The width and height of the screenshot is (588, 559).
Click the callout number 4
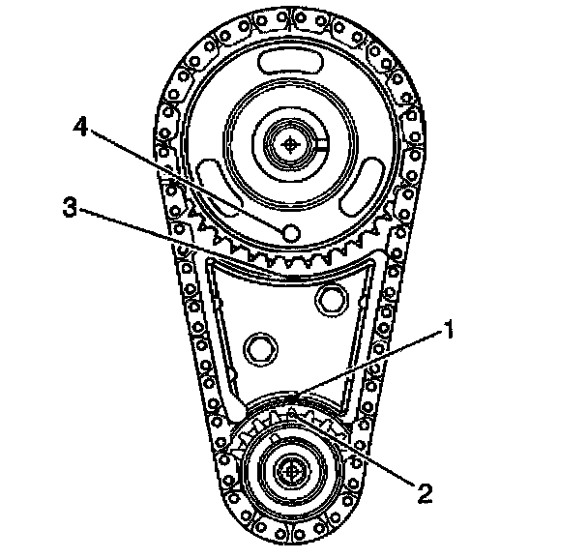click(85, 129)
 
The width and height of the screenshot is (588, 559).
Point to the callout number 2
click(422, 491)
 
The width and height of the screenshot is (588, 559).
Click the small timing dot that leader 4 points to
click(289, 233)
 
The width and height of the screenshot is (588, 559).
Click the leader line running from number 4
click(184, 179)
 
